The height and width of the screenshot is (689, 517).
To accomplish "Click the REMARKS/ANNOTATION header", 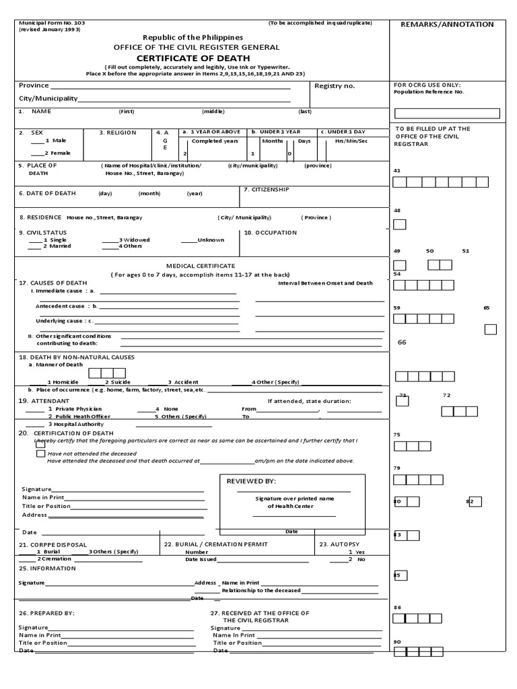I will tap(447, 24).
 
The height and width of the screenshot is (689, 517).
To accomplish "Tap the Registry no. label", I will tap(335, 86).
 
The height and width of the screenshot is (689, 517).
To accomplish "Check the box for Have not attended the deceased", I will tap(41, 454).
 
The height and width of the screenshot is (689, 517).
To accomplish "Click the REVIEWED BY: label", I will tap(251, 482).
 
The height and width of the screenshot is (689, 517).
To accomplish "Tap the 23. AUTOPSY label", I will tap(339, 544).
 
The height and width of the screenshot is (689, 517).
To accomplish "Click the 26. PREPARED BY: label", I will tap(46, 613).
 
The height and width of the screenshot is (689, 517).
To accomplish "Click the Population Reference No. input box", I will tap(446, 113).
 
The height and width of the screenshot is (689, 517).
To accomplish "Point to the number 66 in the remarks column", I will tap(402, 342).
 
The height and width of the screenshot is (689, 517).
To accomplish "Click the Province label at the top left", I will tap(34, 85).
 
